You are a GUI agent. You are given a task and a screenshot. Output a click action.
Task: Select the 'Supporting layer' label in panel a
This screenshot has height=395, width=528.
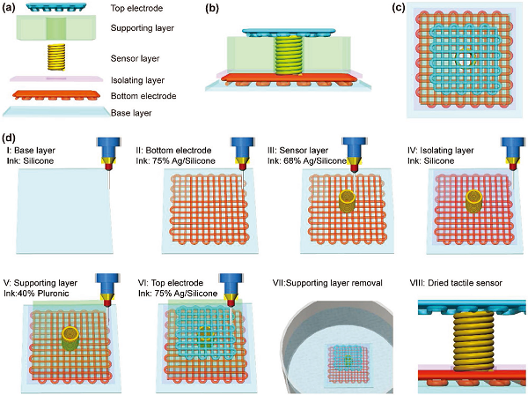(143, 27)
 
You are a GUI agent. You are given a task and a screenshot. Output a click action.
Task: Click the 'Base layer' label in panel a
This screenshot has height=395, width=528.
(131, 113)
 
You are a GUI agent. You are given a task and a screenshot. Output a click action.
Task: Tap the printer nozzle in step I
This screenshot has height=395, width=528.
(106, 155)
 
